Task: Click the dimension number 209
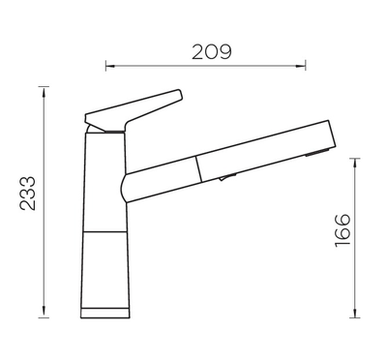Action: [x=212, y=51]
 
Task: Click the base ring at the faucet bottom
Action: [x=105, y=313]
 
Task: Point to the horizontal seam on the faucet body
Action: [x=105, y=233]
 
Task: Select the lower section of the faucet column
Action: [x=105, y=271]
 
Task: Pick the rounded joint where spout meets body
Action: [x=127, y=187]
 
